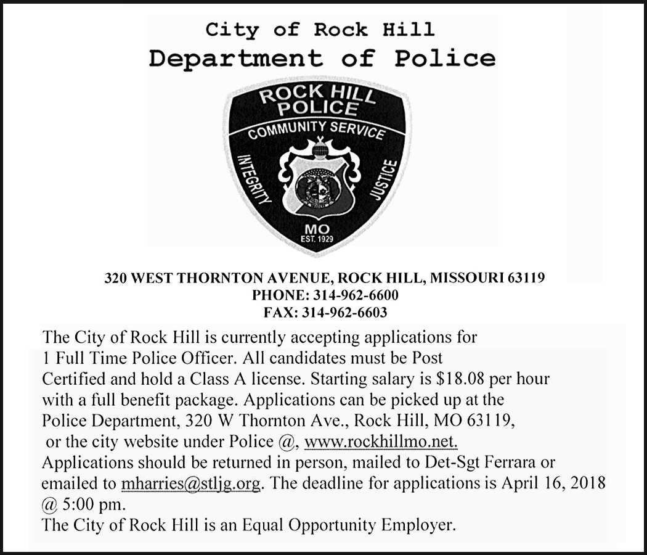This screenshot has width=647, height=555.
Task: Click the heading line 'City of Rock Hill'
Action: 320,29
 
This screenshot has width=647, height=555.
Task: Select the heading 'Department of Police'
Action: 322,59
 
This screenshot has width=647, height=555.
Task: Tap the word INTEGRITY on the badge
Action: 254,178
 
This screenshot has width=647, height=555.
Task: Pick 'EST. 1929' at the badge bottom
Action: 317,238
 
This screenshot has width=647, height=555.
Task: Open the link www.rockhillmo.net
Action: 381,442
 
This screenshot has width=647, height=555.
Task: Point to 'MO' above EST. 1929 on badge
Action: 317,228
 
